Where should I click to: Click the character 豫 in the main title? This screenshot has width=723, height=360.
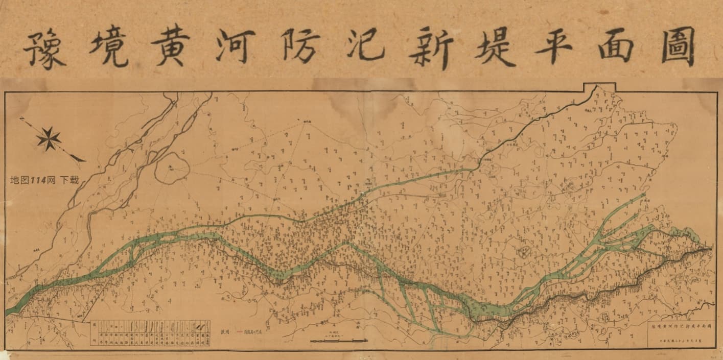(45, 49)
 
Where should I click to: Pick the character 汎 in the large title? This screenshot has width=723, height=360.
(364, 48)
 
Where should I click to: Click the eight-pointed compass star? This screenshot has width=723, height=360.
(49, 138)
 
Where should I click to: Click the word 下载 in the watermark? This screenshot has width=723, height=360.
(69, 180)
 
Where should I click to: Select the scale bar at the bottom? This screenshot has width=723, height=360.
(337, 340)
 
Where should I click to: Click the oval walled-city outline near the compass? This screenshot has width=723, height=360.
(172, 167)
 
